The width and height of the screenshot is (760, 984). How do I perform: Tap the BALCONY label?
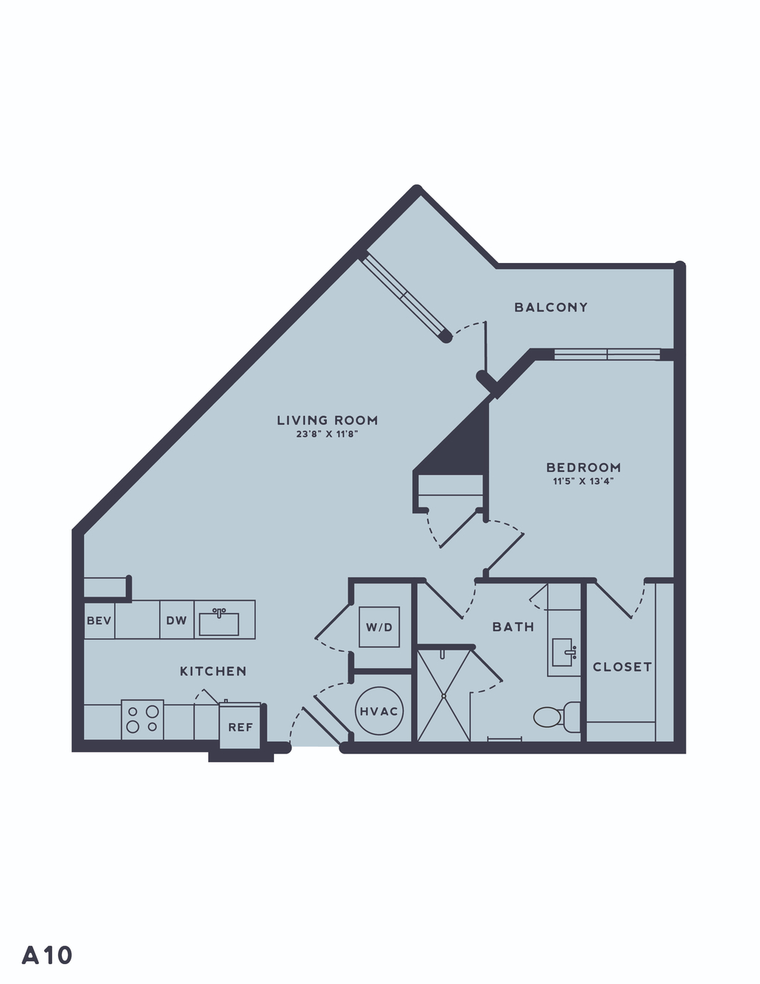551,307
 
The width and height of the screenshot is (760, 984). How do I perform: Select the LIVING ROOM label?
327,421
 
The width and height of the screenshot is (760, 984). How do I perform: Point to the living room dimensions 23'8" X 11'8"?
327,435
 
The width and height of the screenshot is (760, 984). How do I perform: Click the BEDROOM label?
583,467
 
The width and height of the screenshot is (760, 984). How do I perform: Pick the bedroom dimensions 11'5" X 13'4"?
583,481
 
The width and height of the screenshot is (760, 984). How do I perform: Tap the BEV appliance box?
99,620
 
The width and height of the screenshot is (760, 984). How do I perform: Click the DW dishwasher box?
177,620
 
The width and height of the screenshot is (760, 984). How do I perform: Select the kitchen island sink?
219,622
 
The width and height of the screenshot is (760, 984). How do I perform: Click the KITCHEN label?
214,671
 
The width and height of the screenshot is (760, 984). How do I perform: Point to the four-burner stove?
143,719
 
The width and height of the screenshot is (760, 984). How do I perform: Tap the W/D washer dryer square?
379,627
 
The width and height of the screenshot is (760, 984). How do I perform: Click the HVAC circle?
379,711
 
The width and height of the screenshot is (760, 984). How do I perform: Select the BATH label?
513,628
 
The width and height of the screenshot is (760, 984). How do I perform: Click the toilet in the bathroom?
557,717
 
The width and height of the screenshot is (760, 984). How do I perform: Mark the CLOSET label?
622,667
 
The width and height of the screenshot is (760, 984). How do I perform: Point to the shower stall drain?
444,695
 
